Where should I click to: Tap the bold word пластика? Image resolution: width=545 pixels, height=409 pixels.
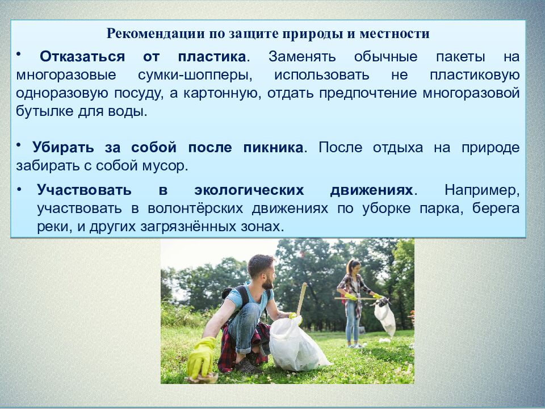coord(212,57)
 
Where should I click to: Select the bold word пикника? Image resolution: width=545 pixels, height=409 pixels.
coord(269,148)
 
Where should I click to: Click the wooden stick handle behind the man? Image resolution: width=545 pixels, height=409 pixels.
coord(300,298)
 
